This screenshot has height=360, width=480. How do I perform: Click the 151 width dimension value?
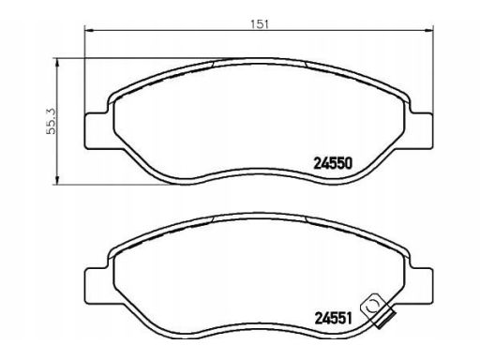click(x=260, y=24)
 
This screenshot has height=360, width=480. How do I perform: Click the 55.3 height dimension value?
click(x=51, y=121)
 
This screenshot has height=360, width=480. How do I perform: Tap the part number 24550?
click(x=333, y=163)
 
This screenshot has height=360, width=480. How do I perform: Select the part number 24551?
click(x=333, y=319)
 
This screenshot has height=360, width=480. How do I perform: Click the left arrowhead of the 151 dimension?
click(x=89, y=31)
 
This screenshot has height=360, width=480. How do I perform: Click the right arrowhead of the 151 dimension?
click(x=429, y=31)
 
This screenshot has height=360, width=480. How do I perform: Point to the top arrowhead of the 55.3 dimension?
click(x=57, y=63)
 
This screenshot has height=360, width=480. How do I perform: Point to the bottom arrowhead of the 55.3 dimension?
click(x=57, y=180)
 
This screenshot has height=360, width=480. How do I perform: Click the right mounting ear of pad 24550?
click(x=422, y=130)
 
